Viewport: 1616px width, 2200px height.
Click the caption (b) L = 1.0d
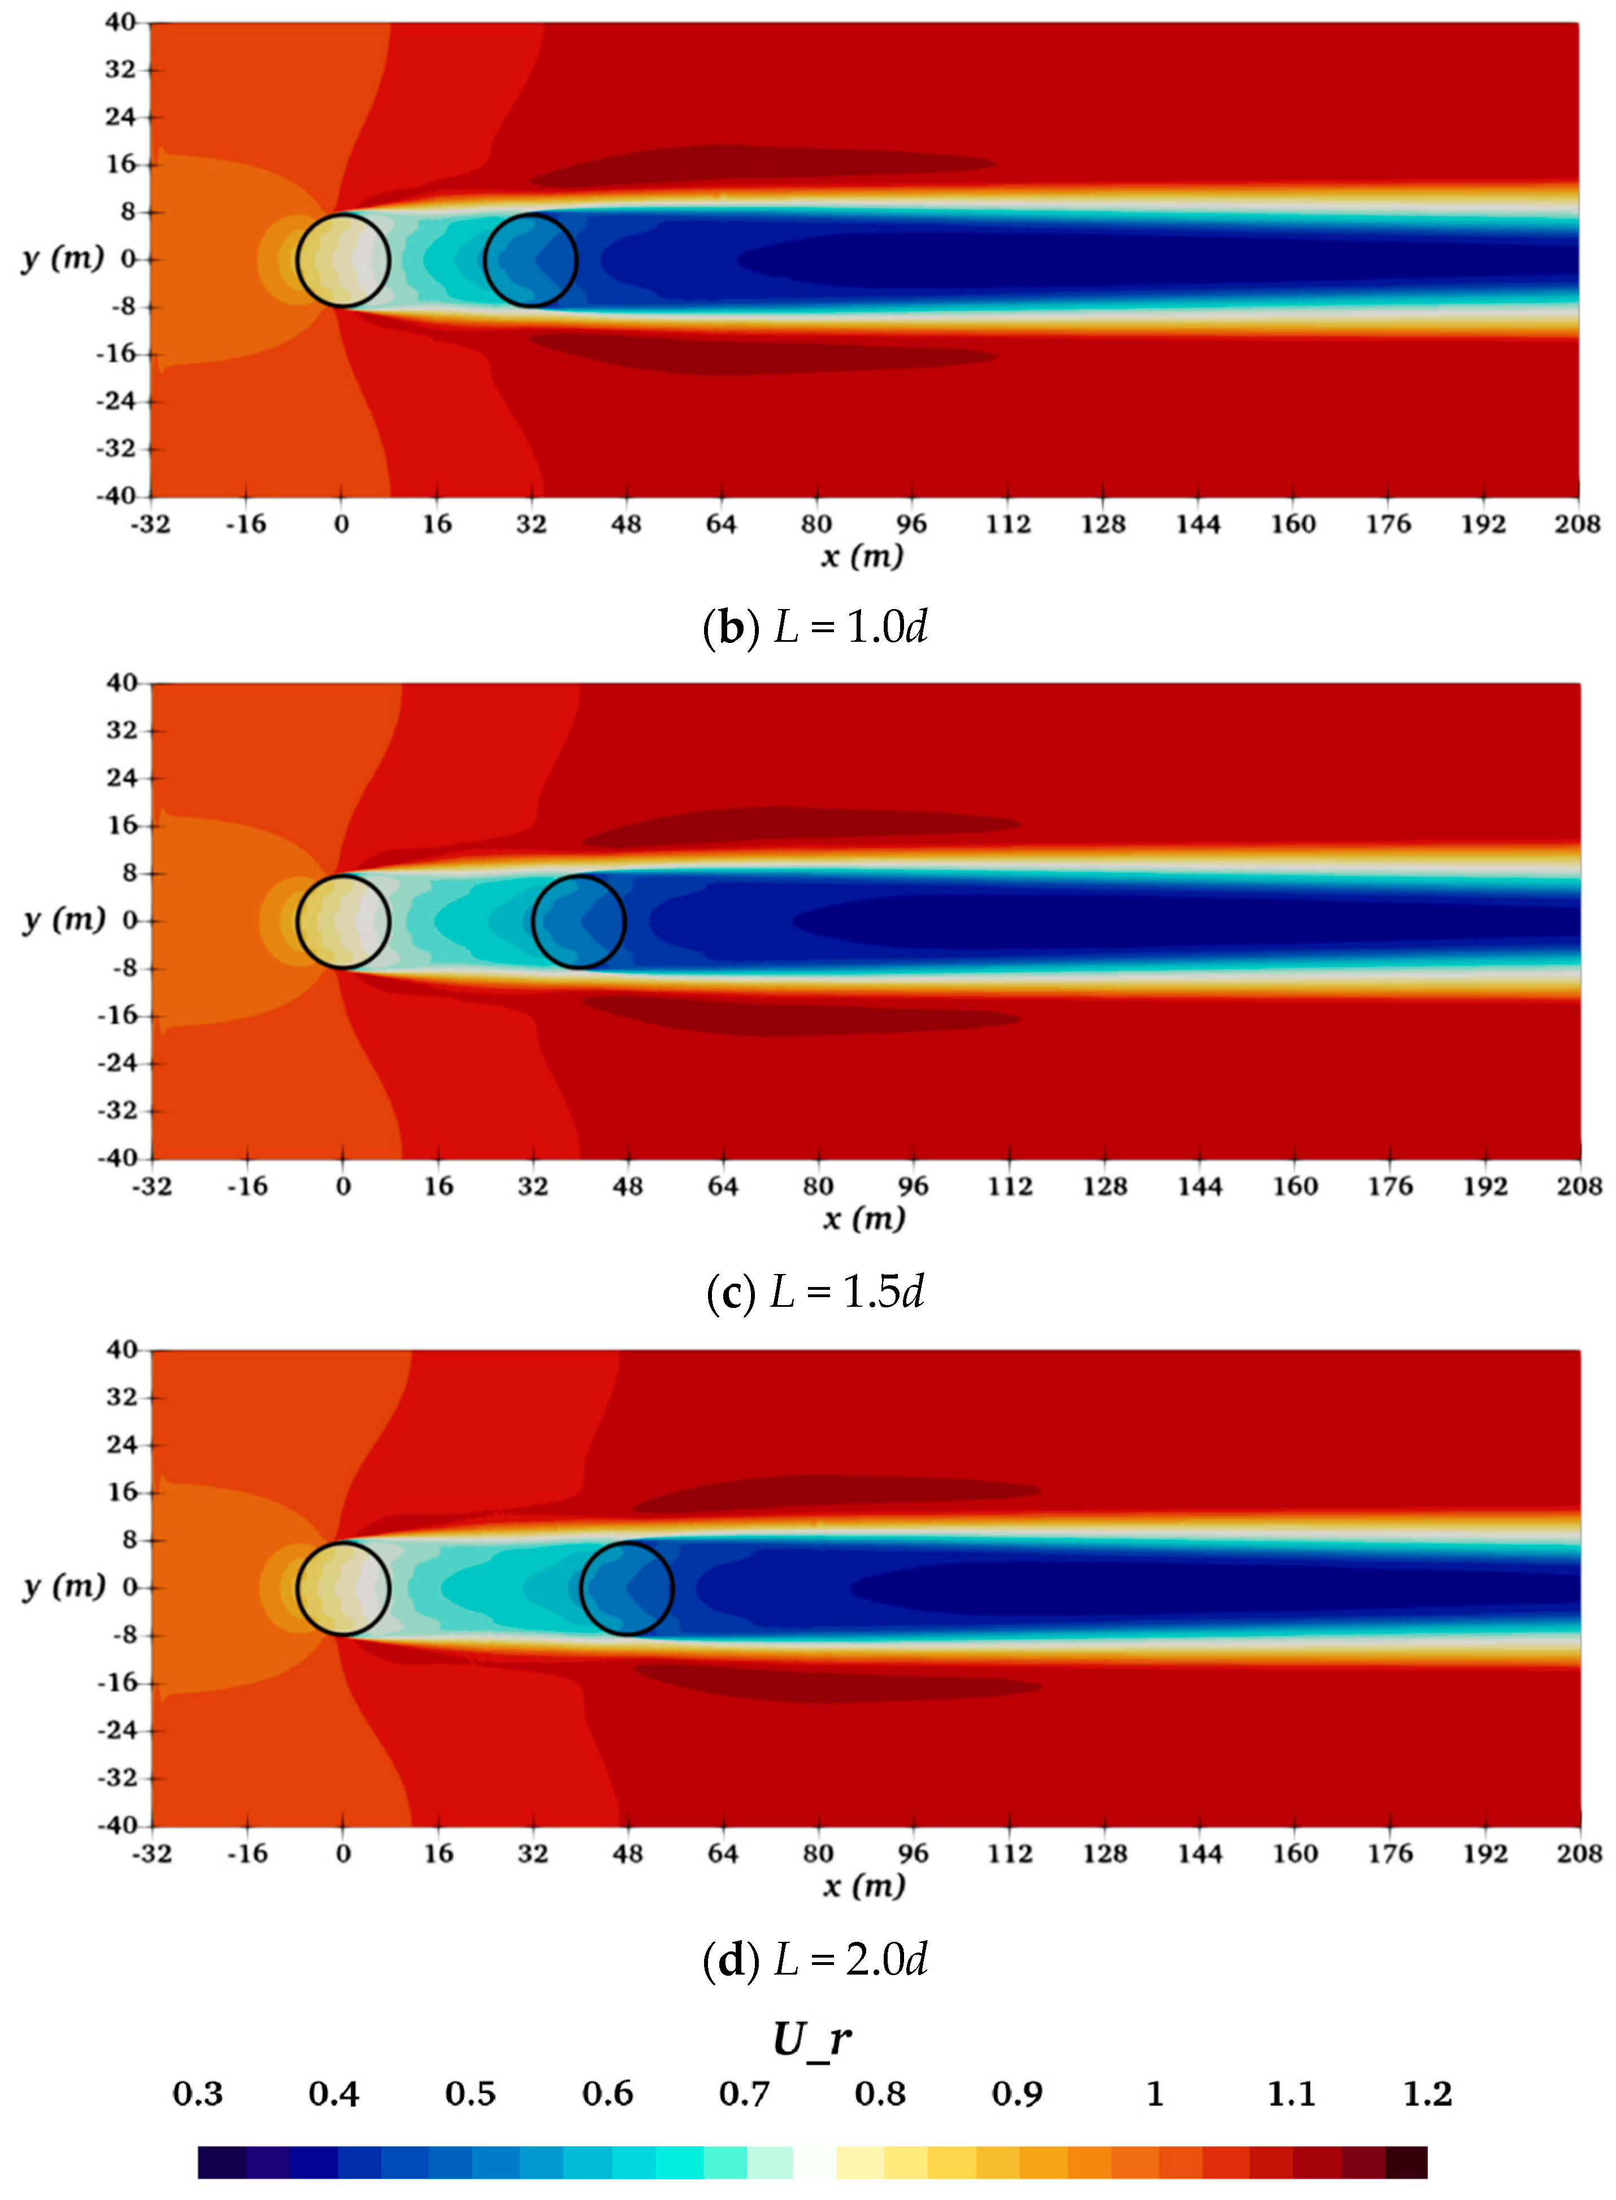coord(814,627)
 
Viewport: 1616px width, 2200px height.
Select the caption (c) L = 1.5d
coord(814,1292)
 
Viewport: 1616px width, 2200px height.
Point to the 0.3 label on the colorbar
coord(198,2093)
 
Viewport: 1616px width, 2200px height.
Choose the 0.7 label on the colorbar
coord(744,2093)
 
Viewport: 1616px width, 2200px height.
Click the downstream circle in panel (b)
coord(530,260)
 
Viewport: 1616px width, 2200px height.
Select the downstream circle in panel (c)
coord(578,921)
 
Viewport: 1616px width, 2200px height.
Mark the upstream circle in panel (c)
coord(342,921)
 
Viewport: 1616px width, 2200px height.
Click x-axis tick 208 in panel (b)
coord(1577,524)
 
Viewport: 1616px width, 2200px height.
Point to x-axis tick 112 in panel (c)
coord(1010,1186)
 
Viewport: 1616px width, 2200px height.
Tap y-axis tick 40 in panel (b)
coord(120,23)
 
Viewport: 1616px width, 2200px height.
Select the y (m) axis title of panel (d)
coord(64,1586)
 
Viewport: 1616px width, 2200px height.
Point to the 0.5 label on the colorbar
coord(471,2093)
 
